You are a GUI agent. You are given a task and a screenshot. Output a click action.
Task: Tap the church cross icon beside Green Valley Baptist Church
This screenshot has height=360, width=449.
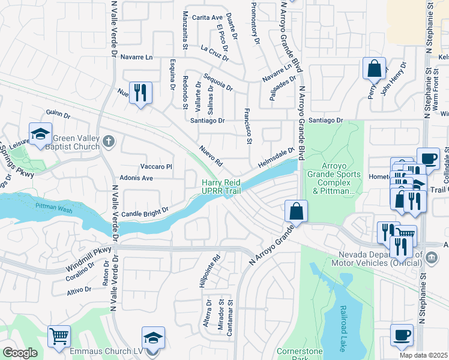(108, 142)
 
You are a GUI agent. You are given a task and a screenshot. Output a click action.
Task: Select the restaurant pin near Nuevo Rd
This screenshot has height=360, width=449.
(141, 94)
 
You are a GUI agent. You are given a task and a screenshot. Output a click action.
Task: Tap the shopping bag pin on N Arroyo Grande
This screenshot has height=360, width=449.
(297, 211)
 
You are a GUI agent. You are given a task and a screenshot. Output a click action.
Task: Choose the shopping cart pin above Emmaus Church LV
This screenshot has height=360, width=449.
(59, 337)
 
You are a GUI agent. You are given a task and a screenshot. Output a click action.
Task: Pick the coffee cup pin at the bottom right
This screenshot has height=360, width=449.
(402, 335)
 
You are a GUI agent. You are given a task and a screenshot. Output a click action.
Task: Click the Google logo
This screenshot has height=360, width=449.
(20, 353)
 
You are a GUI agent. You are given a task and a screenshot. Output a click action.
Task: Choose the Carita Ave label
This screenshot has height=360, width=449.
(208, 17)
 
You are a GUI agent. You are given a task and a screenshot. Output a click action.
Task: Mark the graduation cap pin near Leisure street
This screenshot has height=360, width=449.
(41, 134)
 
